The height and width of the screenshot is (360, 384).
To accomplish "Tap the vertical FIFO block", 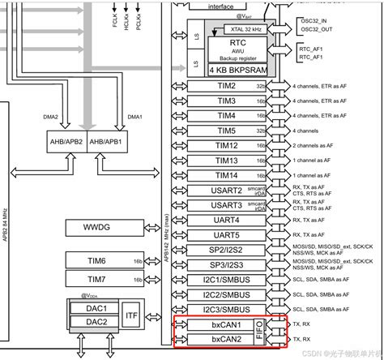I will point(258,332).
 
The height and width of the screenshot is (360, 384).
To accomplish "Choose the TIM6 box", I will point(96,259).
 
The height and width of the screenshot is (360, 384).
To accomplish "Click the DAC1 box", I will point(96,309).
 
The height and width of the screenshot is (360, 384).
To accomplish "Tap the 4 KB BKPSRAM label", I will point(231,69).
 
